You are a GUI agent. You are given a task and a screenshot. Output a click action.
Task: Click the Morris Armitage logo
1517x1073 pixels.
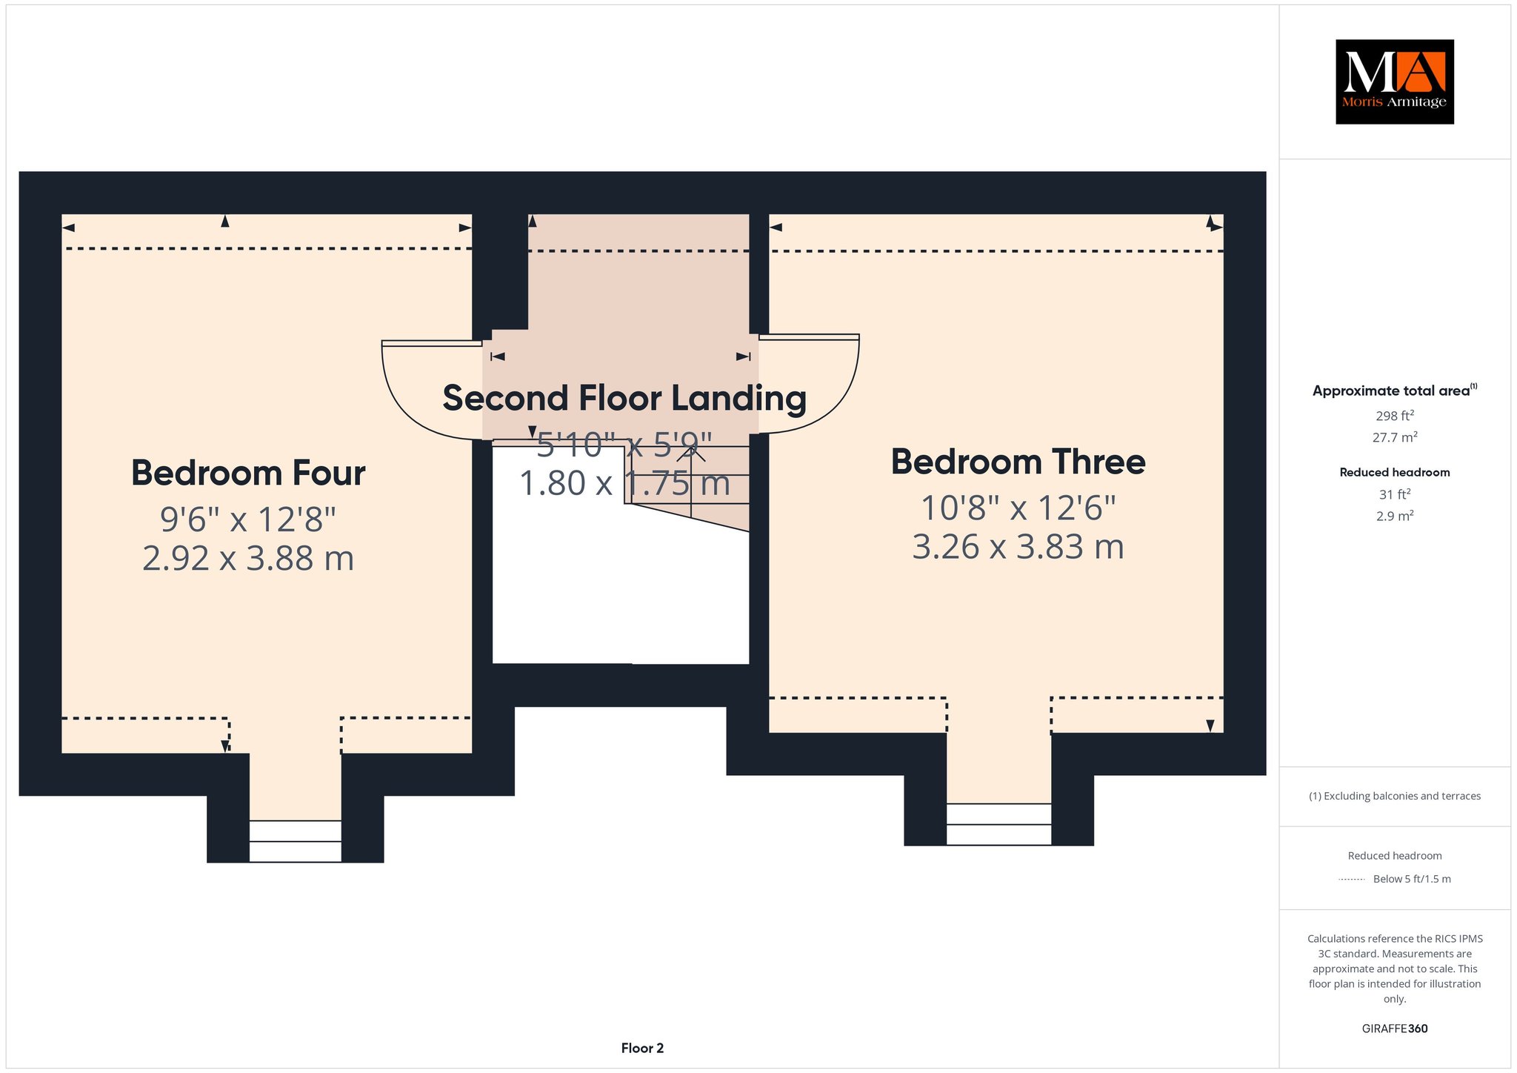1394,82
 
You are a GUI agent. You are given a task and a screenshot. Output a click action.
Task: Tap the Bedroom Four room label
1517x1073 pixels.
248,473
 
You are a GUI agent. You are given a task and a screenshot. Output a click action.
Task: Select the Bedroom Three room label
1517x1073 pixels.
1018,462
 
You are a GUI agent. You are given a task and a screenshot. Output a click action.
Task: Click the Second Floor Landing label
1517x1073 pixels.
624,399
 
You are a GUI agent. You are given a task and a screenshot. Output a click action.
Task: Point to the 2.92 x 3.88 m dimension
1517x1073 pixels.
248,558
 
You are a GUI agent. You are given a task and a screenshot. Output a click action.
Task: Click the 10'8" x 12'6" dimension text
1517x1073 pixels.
1018,508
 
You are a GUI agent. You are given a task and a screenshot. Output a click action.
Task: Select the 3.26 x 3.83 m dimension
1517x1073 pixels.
1018,547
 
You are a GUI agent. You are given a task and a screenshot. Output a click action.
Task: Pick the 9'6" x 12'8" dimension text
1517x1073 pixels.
248,519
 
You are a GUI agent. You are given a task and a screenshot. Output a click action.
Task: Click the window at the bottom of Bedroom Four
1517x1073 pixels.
295,841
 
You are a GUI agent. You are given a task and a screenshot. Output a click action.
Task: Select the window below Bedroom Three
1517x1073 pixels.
998,824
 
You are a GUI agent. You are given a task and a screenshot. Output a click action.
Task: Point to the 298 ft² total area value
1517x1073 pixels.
1395,416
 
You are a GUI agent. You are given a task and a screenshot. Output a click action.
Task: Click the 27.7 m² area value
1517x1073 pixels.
1395,437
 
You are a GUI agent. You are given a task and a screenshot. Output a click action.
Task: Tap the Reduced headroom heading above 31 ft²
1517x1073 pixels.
1395,472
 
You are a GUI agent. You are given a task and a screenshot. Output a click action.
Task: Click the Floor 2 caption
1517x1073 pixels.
642,1048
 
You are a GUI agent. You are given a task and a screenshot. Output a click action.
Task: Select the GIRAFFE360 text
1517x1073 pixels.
1395,1029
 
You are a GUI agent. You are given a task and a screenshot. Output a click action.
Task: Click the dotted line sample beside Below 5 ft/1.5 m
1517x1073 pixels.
1352,880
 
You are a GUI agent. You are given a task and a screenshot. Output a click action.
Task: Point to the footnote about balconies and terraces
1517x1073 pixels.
1395,796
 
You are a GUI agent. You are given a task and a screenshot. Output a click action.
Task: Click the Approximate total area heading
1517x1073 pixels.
1395,390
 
